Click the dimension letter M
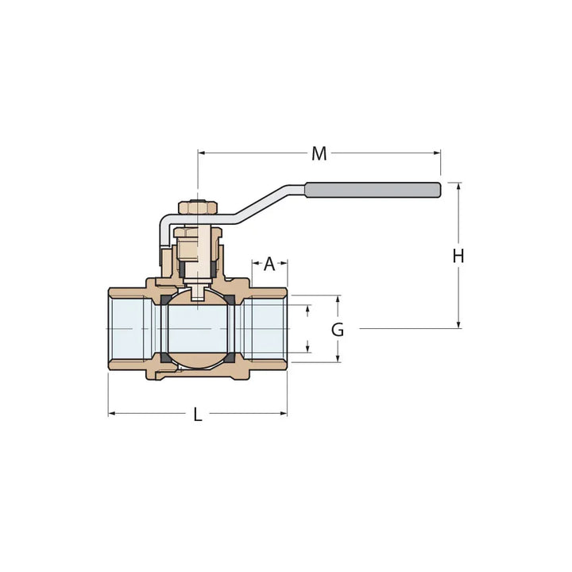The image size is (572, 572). [x=319, y=153]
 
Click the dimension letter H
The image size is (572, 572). [x=458, y=256]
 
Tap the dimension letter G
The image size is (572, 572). [x=338, y=330]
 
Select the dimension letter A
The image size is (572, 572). [x=269, y=263]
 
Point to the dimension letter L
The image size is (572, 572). [x=198, y=414]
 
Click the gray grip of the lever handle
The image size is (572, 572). [x=373, y=189]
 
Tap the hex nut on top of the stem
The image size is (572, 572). [x=197, y=207]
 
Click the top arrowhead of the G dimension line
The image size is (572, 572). [x=338, y=300]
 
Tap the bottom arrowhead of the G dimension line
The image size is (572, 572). [x=338, y=358]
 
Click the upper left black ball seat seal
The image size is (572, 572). [x=165, y=300]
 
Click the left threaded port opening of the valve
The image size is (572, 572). [x=127, y=329]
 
